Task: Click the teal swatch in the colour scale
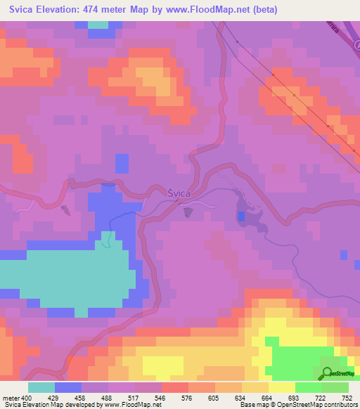tap(41, 387)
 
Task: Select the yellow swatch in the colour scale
tap(281, 387)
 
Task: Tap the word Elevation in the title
tap(65, 10)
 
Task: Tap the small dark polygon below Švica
tap(187, 211)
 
